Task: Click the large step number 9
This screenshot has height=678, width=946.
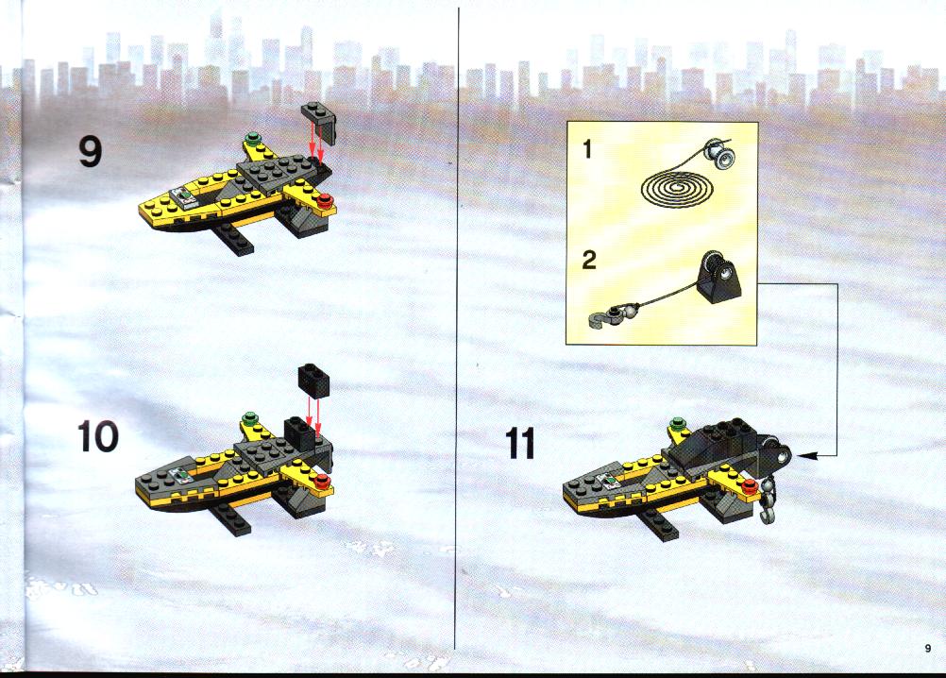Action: point(90,151)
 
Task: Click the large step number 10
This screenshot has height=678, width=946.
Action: point(98,436)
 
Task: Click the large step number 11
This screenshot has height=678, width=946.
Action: point(520,444)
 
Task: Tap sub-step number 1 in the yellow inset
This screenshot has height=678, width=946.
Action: point(587,148)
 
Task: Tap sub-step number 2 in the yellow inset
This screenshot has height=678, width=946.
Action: point(589,260)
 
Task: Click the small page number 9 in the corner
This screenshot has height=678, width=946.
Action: point(928,649)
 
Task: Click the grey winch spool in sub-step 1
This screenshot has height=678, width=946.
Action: point(719,153)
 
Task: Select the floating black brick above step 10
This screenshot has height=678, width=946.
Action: point(313,380)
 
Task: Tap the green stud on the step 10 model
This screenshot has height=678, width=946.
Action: point(249,417)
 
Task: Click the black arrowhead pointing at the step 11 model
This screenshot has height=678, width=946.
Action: point(806,455)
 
